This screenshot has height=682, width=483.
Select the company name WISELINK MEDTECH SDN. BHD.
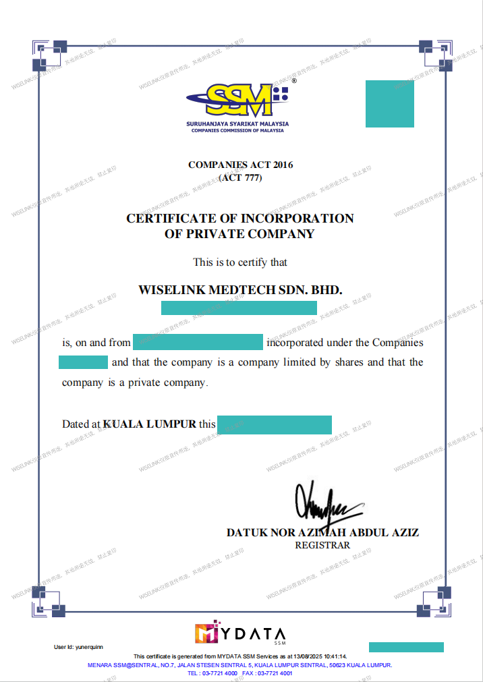[240, 290]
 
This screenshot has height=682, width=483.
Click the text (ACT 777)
[240, 178]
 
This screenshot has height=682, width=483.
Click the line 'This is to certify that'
[240, 262]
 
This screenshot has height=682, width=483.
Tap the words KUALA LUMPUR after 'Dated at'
[150, 424]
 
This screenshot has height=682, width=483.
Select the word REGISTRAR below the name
[322, 545]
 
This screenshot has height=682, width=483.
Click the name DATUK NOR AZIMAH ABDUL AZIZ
[322, 532]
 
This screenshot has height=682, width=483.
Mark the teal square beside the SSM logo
[390, 104]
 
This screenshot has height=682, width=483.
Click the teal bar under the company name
[239, 308]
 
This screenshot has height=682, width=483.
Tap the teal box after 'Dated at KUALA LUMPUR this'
[275, 424]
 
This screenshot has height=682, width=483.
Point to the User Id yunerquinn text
[78, 647]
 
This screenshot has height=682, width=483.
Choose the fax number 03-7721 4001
[275, 673]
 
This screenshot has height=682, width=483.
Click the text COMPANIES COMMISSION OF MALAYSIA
[237, 130]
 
